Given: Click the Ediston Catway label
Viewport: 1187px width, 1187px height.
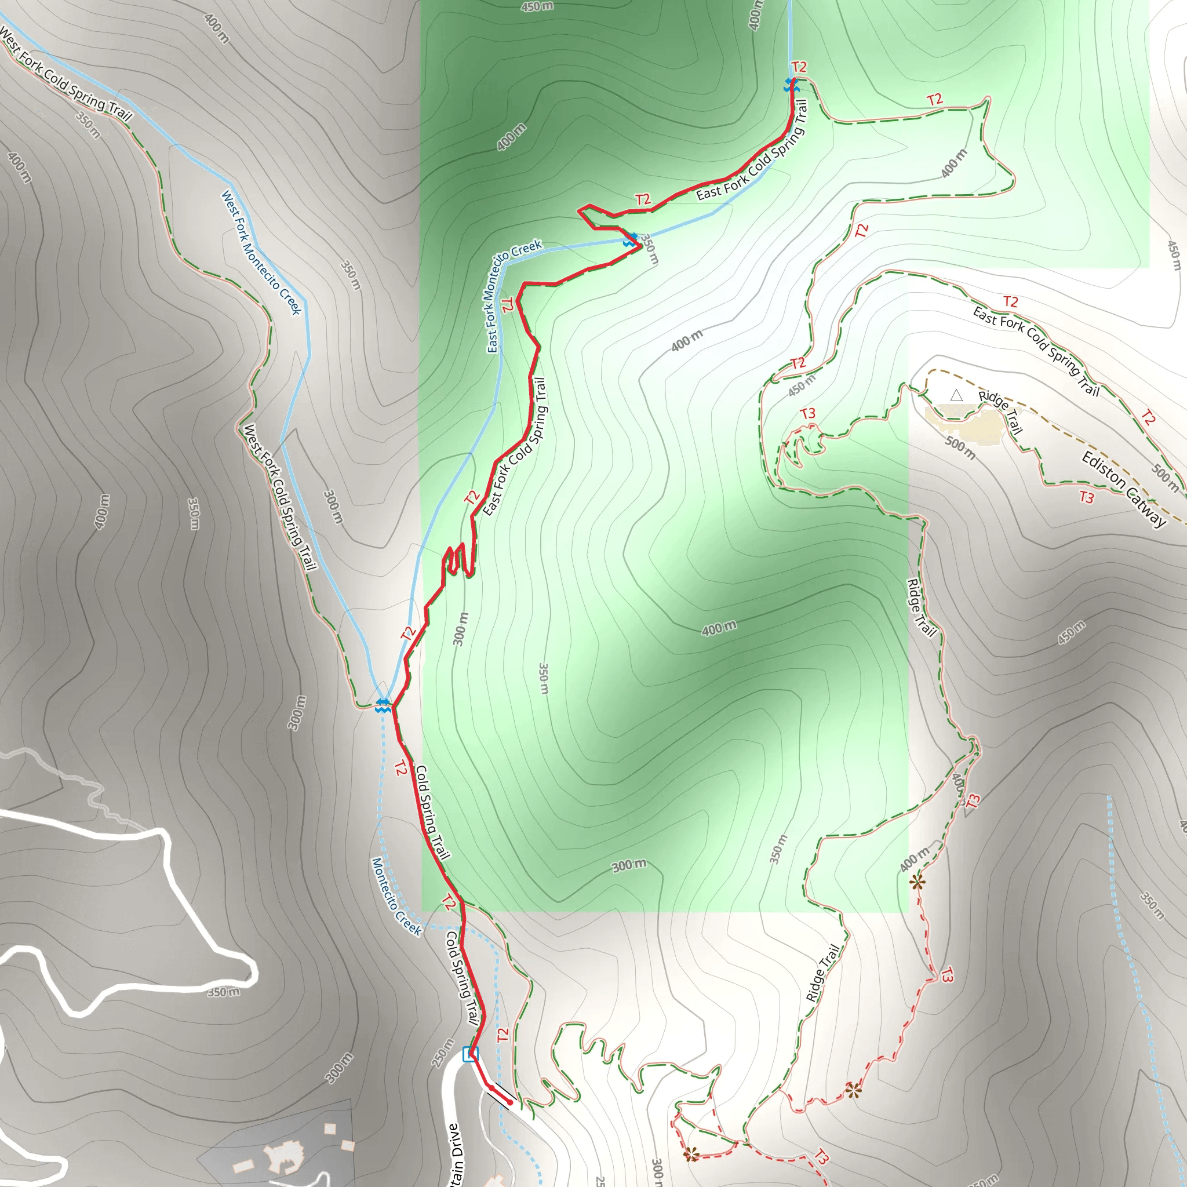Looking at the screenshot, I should pos(1124,490).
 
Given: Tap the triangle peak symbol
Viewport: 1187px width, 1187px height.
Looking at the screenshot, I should pos(956,395).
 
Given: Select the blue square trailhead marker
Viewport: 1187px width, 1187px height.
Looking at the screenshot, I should pos(470,1054).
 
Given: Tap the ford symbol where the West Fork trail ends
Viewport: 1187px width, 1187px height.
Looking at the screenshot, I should pos(383,705).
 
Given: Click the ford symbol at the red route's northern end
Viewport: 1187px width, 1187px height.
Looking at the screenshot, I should pos(791,85).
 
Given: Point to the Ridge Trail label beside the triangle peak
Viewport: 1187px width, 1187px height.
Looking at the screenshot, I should pos(1000,412).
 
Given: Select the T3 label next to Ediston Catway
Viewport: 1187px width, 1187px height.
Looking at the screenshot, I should pos(1087,497).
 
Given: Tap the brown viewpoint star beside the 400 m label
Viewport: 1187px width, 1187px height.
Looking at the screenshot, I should pos(917,883).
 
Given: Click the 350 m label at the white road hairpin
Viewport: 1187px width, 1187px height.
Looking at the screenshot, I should pos(224,992).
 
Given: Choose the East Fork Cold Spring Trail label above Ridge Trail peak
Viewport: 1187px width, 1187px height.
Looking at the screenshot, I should pos(1036,351).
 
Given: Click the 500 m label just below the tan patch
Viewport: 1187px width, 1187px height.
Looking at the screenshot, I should pos(960,448).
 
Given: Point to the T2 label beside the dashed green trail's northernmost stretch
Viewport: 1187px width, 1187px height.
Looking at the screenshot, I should pos(934,100).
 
